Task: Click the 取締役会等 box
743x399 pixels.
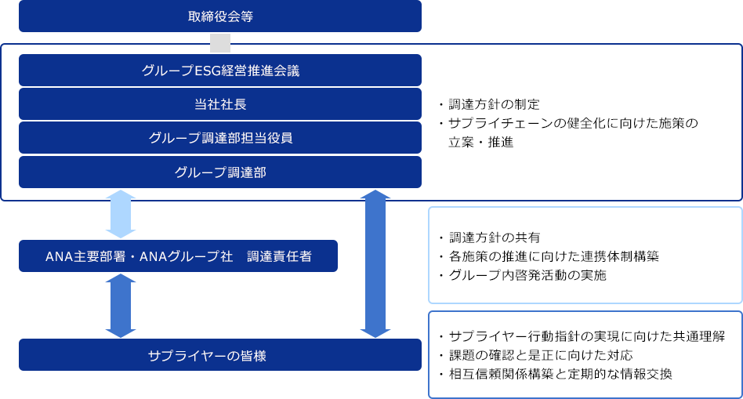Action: pos(220,16)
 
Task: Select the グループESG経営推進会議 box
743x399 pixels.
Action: pos(220,71)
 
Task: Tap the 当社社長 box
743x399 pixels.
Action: pos(220,104)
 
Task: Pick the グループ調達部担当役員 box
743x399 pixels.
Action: pos(220,138)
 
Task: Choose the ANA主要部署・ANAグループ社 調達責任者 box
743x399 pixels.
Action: pos(178,256)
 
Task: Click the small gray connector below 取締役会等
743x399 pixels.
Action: pos(220,42)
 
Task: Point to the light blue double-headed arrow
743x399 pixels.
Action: pos(121,213)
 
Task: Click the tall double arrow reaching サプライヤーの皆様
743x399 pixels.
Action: pos(377,263)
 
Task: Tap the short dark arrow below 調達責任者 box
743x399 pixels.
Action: pos(121,305)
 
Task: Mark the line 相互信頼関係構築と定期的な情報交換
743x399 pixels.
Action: pos(560,374)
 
